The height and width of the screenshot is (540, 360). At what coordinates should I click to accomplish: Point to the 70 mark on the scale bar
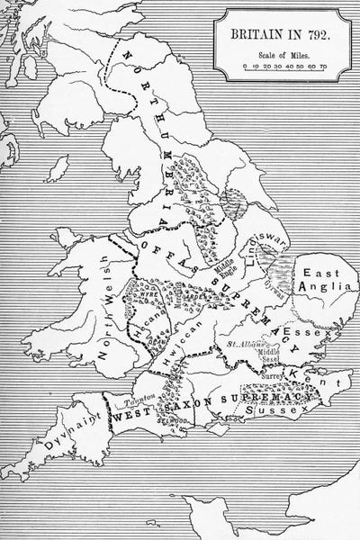[x=323, y=65]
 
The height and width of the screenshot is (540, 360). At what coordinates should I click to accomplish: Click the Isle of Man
[x=59, y=168]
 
